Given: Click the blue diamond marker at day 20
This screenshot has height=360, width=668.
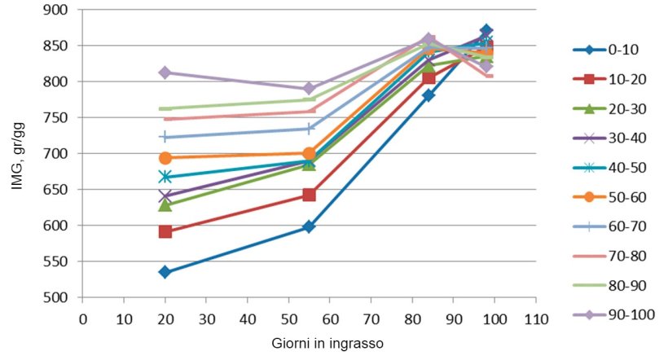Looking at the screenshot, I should (x=165, y=272).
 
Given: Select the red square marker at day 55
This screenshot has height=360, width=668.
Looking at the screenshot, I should (x=309, y=195).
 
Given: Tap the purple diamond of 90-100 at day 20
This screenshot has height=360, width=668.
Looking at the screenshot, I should (x=165, y=72).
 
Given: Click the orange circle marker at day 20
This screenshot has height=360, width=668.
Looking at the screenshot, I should (x=165, y=158).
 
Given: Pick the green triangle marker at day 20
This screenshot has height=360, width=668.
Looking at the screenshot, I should (x=165, y=204).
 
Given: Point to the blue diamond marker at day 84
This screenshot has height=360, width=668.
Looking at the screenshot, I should (x=428, y=95).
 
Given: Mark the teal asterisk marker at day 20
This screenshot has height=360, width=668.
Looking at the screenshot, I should (x=165, y=177).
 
